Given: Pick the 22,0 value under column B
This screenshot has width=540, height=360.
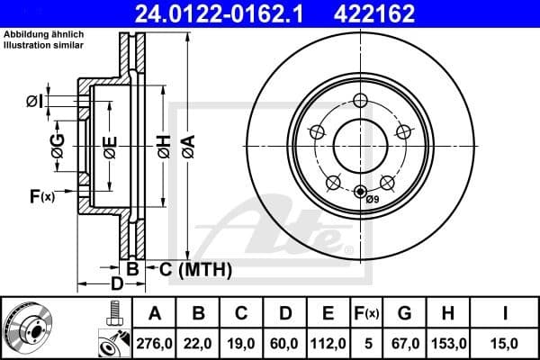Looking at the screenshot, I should point(200,342).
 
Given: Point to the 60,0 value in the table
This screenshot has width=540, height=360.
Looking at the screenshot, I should point(285,342).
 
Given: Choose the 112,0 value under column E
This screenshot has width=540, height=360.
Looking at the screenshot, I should point(328,342).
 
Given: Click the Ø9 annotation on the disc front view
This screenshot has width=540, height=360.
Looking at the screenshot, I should point(372,201).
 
